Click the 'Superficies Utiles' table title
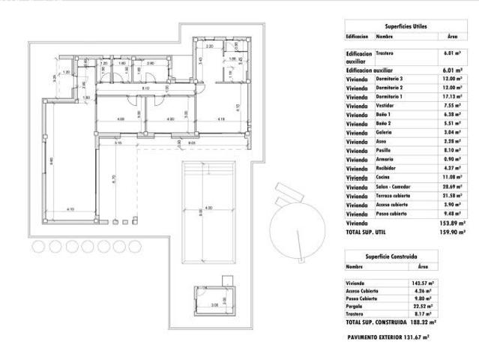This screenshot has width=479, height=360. pyautogui.click(x=405, y=25)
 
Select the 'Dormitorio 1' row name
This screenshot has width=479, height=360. pyautogui.click(x=389, y=97)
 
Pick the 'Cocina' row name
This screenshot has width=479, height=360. pyautogui.click(x=384, y=176)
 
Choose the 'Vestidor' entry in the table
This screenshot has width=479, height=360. pyautogui.click(x=385, y=107)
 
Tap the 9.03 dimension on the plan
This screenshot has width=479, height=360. pyautogui.click(x=191, y=143)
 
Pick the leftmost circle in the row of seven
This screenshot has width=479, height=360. pyautogui.click(x=38, y=246)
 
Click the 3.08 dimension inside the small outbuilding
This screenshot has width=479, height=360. pyautogui.click(x=215, y=305)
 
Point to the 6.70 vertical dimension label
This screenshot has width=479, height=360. pyautogui.click(x=114, y=180)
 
